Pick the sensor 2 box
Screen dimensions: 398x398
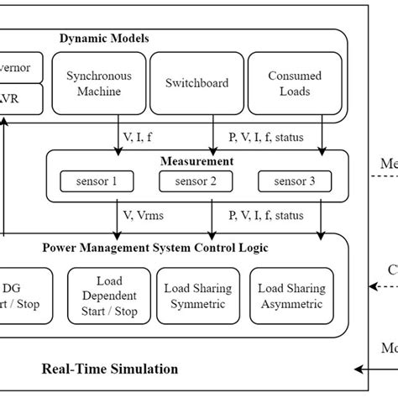(194, 181)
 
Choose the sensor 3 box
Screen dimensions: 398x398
(291, 181)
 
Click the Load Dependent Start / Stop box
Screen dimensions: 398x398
(103, 295)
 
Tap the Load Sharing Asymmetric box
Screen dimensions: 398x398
(291, 295)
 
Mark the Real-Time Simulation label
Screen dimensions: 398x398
(110, 368)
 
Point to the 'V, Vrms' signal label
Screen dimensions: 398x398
(145, 215)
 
